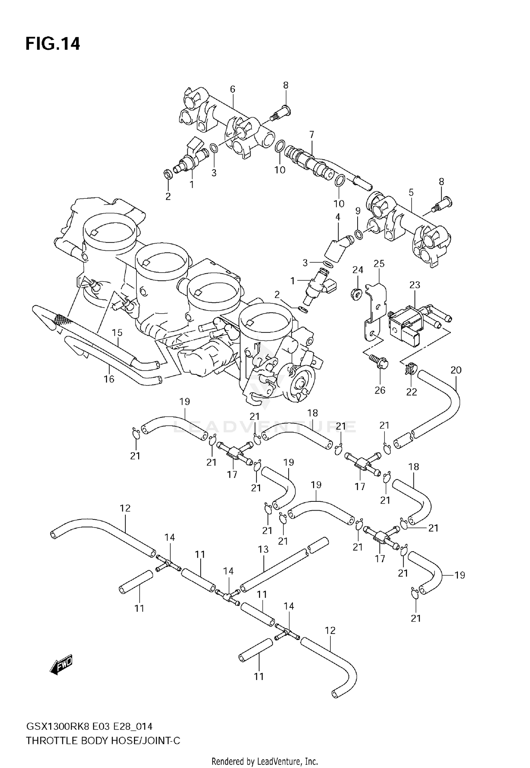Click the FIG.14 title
click(x=53, y=44)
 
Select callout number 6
click(x=232, y=89)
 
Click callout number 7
click(x=311, y=135)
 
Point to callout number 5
click(x=411, y=193)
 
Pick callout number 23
click(x=414, y=285)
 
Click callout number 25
click(x=379, y=264)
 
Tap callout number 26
click(x=380, y=390)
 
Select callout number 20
click(x=456, y=370)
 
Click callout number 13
click(x=263, y=549)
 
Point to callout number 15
click(x=117, y=333)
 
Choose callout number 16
click(x=109, y=379)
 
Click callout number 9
click(x=358, y=211)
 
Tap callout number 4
click(x=338, y=217)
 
